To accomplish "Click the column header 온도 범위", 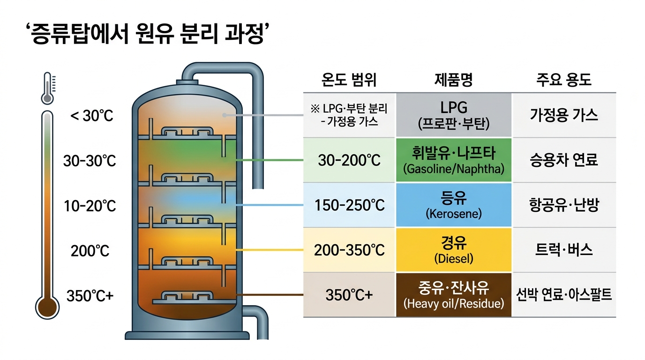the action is tap(349, 80).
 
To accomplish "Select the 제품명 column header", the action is tap(454, 80).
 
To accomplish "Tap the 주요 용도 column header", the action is tap(564, 80).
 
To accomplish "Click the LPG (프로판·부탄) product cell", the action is tap(454, 115).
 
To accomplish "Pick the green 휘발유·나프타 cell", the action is tap(454, 160).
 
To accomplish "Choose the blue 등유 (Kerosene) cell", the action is tap(454, 205).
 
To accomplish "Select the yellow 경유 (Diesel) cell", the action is tap(454, 250).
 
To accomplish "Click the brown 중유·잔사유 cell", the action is tap(454, 295).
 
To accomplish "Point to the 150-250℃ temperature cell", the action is tap(349, 205).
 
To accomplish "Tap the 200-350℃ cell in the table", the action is tap(349, 250).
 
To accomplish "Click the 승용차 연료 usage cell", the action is tap(564, 160).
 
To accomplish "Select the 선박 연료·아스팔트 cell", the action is tap(564, 295).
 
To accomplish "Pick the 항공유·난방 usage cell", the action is tap(564, 205).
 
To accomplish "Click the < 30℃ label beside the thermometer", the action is tap(92, 116).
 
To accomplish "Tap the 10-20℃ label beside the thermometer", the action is tap(90, 206).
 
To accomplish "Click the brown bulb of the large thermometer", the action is tap(47, 307).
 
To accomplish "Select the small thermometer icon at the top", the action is tap(48, 88).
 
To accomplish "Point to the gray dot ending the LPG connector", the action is tap(225, 115).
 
